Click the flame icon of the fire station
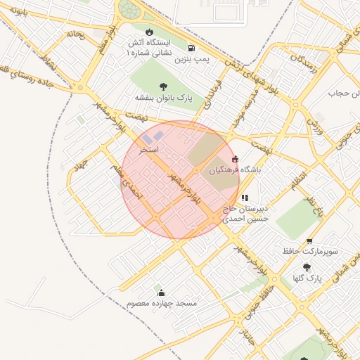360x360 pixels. click(x=149, y=32)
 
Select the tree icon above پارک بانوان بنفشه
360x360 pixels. click(x=164, y=86)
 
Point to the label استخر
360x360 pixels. click(x=149, y=150)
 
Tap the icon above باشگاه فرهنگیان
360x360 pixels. click(x=235, y=159)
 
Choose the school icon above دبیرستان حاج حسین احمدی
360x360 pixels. click(x=245, y=198)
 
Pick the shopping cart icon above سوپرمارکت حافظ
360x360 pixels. click(x=309, y=241)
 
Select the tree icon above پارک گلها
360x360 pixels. click(x=306, y=267)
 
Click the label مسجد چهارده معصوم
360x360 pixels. click(x=162, y=303)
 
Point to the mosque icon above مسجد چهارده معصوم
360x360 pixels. click(x=162, y=292)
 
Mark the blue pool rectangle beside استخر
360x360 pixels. click(x=157, y=135)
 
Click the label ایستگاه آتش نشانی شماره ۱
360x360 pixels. click(x=150, y=47)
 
